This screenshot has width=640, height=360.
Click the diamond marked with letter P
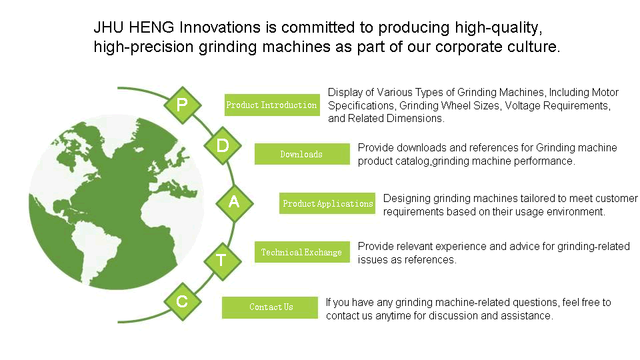(x=183, y=105)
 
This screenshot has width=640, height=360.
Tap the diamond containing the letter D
(x=223, y=145)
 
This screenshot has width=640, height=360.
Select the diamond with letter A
(x=234, y=203)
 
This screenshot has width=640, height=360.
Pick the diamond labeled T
(x=223, y=261)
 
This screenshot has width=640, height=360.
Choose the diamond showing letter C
(x=183, y=301)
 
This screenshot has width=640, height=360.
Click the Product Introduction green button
(x=272, y=105)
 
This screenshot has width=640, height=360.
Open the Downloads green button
(x=302, y=154)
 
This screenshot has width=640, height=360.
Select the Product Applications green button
(x=327, y=203)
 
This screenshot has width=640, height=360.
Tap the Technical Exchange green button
(x=302, y=252)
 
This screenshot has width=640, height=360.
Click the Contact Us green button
(x=270, y=307)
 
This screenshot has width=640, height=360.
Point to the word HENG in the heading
(x=151, y=27)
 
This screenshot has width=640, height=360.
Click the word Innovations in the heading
(x=220, y=27)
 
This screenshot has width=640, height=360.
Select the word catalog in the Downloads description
(x=412, y=161)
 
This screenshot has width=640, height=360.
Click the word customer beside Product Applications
(x=616, y=199)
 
